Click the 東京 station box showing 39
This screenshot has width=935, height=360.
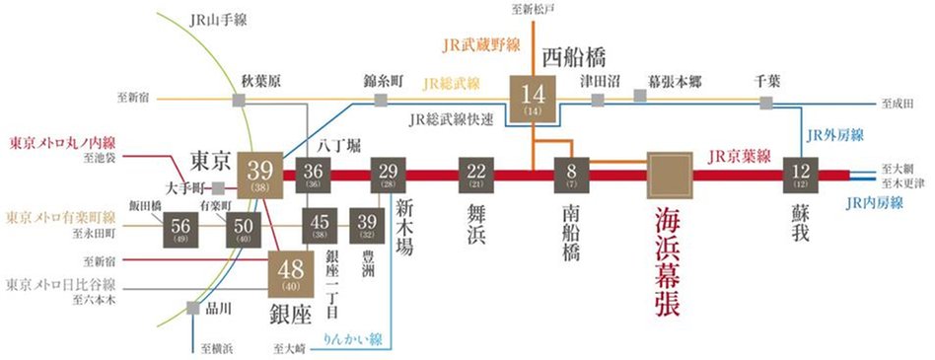pos(261,177)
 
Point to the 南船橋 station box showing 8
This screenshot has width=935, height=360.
pos(572,177)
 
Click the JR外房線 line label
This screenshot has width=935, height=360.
pos(835,135)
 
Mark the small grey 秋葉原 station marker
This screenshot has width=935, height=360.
pos(240,100)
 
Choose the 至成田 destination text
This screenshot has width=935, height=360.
pos(899,102)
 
